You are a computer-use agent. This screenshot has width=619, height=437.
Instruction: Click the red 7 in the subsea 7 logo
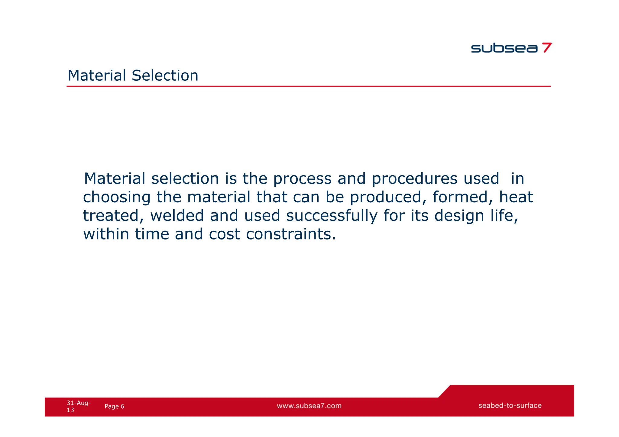click(546, 48)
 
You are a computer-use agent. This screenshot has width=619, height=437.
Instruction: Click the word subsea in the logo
click(504, 48)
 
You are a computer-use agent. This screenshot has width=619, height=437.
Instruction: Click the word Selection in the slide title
click(165, 76)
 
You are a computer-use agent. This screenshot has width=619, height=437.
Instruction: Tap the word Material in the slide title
click(97, 76)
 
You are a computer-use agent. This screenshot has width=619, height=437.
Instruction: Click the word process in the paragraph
click(302, 179)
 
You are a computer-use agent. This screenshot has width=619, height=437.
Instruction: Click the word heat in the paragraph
click(516, 197)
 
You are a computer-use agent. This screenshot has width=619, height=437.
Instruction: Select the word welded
click(177, 216)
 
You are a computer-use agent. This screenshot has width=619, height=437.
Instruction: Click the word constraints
click(291, 234)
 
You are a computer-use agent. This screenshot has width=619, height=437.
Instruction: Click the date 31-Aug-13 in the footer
click(78, 406)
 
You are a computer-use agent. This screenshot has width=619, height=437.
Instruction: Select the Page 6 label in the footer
click(114, 406)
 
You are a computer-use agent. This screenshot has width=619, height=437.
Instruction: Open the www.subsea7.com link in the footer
click(309, 406)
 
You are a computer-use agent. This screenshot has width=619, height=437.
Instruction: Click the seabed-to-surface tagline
click(510, 406)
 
